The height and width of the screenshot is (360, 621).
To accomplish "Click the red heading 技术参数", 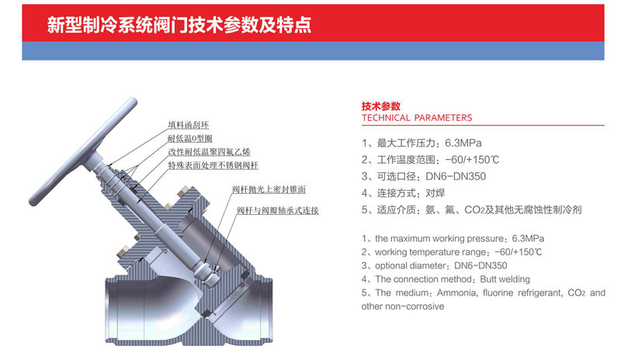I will click(381, 106).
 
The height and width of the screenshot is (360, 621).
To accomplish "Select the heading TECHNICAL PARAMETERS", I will click(417, 118).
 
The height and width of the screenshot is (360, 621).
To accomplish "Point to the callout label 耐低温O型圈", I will click(189, 139).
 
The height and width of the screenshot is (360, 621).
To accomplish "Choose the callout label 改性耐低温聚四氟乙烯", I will click(209, 152).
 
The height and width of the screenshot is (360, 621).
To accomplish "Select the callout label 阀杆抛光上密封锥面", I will click(269, 189).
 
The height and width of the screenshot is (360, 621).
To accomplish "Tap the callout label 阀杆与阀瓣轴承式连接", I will click(278, 210).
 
